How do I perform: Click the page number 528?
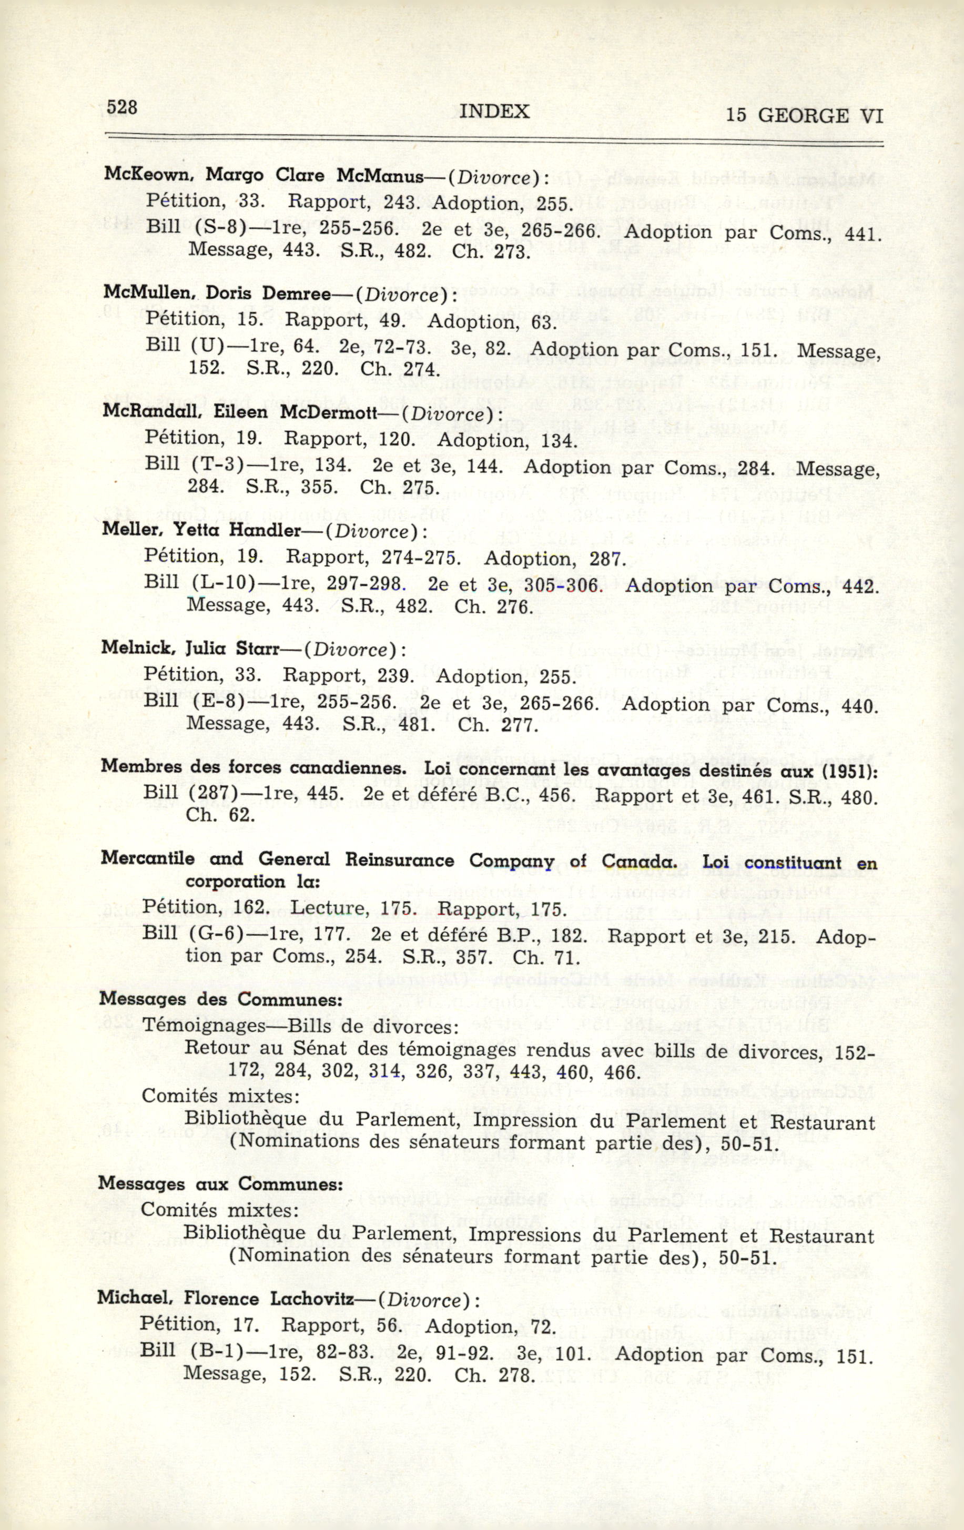(x=122, y=107)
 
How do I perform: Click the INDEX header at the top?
(x=494, y=112)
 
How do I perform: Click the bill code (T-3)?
(x=218, y=464)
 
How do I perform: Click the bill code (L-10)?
(x=224, y=583)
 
